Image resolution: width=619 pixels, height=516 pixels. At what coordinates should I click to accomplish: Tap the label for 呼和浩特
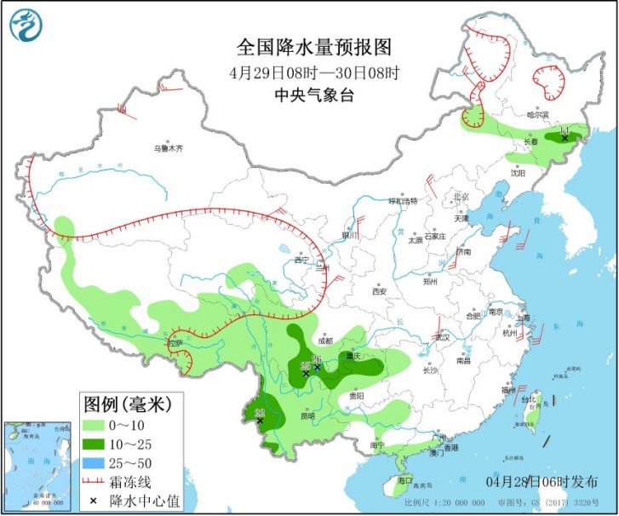click(x=404, y=201)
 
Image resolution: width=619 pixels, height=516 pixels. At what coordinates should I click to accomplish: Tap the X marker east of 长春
click(x=564, y=137)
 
